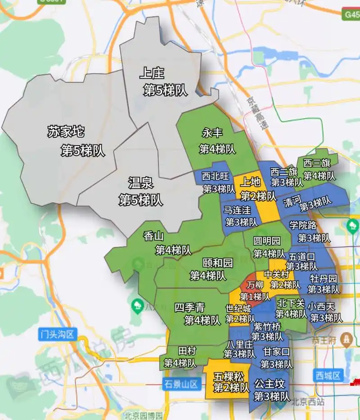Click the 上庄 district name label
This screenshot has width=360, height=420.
pyautogui.click(x=152, y=72)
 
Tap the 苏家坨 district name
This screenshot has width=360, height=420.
pyautogui.click(x=66, y=132)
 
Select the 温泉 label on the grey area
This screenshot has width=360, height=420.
pyautogui.click(x=141, y=183)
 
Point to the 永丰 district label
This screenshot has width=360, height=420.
pyautogui.click(x=212, y=133)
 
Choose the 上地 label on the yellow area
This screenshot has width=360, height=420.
pyautogui.click(x=250, y=182)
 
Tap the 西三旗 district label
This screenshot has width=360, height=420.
pyautogui.click(x=316, y=163)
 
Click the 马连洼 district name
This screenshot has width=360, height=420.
pyautogui.click(x=237, y=209)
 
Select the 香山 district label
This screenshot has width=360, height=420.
pyautogui.click(x=154, y=236)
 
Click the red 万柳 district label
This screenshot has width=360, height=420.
pyautogui.click(x=255, y=285)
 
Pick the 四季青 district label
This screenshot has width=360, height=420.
pyautogui.click(x=189, y=308)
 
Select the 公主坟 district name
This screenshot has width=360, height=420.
pyautogui.click(x=269, y=384)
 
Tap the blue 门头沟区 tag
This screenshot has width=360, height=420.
pyautogui.click(x=58, y=334)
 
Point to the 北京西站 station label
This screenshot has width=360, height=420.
pyautogui.click(x=308, y=402)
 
